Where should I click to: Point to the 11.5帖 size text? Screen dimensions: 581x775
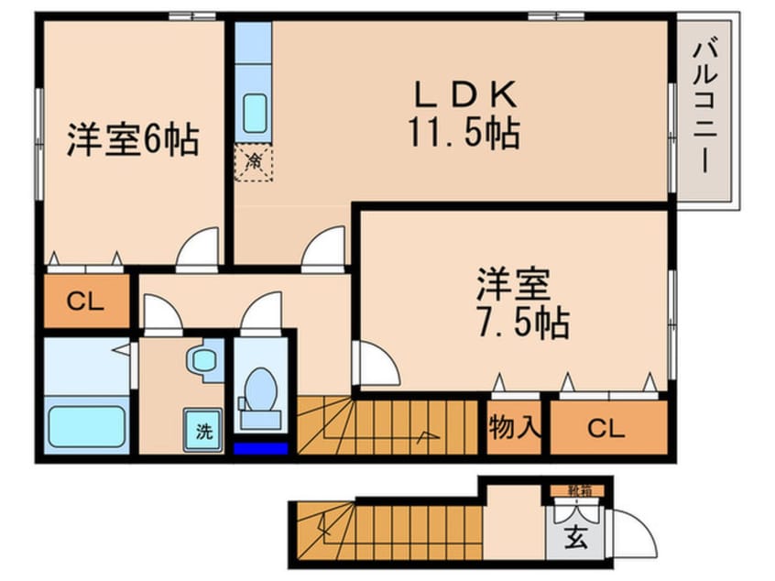(464, 135)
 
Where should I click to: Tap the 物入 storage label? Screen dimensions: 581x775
(515, 427)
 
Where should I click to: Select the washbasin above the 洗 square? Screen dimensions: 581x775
(202, 360)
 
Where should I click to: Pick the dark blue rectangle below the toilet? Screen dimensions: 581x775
(261, 449)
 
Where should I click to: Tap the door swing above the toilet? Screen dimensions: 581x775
(263, 312)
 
